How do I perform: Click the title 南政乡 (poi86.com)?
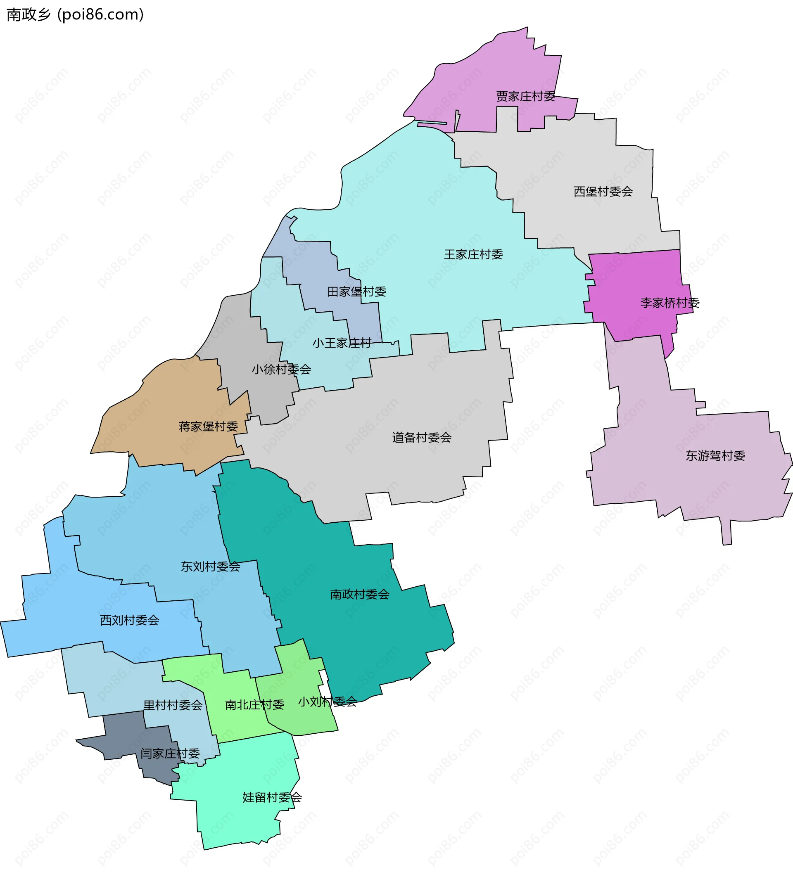(75, 15)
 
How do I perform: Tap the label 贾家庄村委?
(526, 96)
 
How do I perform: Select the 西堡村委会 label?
(603, 192)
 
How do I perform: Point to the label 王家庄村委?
(474, 254)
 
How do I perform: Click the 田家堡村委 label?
(357, 292)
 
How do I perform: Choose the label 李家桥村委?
(670, 303)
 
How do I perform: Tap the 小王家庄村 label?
(342, 343)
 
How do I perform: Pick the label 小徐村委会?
(282, 369)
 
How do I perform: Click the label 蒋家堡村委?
(209, 426)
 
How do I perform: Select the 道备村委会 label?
(422, 437)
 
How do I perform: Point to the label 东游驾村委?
(715, 455)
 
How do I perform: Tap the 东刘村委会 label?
(211, 566)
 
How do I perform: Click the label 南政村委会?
(360, 594)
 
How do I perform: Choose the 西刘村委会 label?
(130, 620)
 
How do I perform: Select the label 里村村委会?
(173, 705)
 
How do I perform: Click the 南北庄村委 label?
(254, 705)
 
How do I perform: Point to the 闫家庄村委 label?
(170, 754)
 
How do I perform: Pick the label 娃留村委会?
(272, 797)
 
